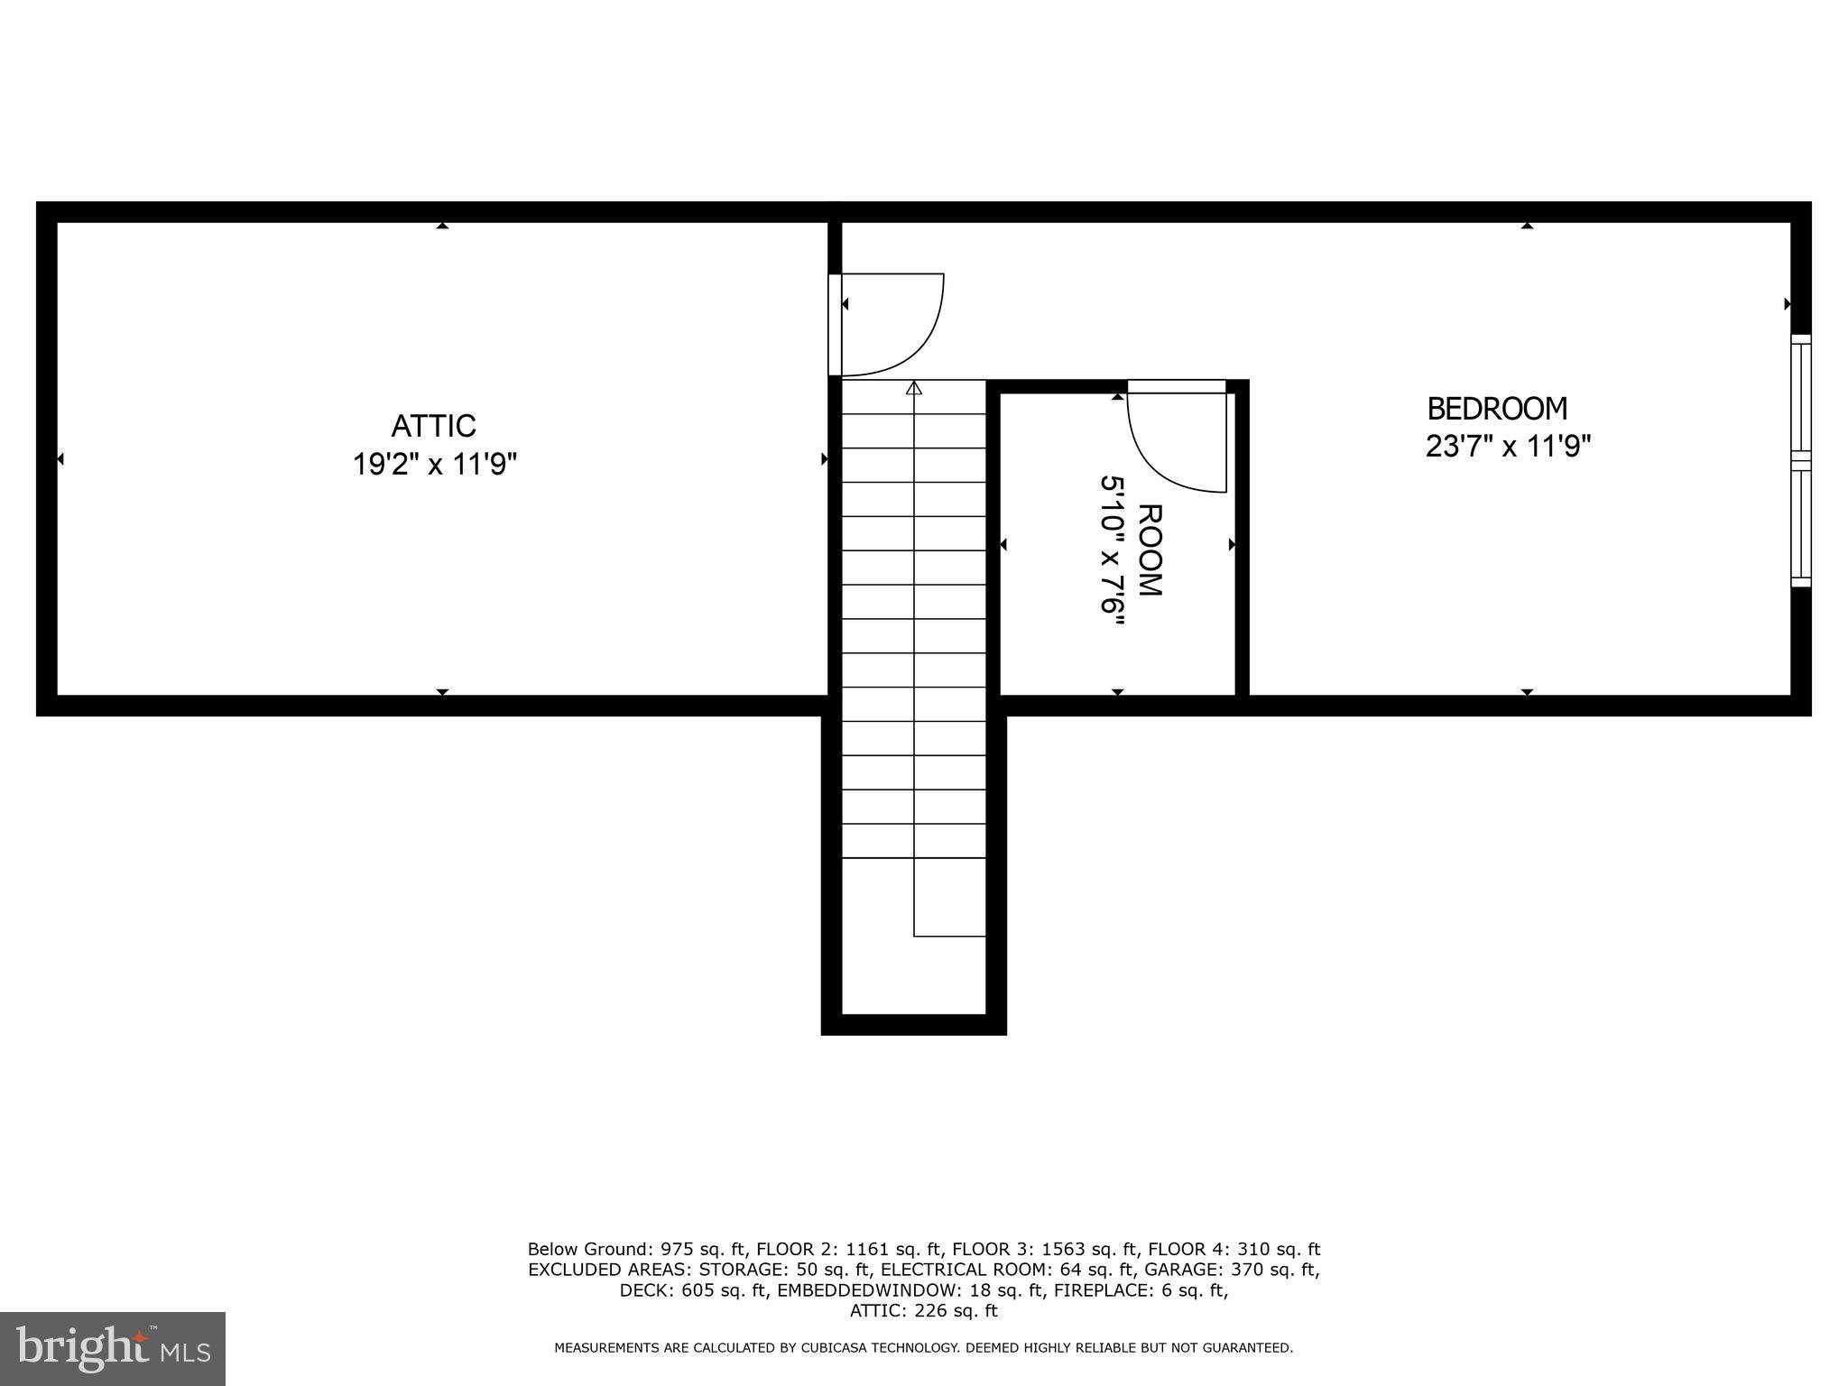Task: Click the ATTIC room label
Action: (x=433, y=425)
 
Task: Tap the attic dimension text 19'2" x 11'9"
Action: (x=434, y=465)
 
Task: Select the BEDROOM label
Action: (x=1497, y=409)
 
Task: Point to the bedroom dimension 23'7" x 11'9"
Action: (x=1507, y=447)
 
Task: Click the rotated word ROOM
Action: (x=1149, y=550)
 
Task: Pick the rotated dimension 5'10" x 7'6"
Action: (x=1113, y=544)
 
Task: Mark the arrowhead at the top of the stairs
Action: (x=914, y=388)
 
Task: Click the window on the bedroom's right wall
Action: (x=1800, y=460)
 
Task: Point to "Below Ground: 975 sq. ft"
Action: (x=638, y=1250)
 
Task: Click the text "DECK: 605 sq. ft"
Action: (x=693, y=1290)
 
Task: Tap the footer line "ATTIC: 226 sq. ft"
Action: (x=923, y=1310)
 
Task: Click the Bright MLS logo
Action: (x=113, y=1348)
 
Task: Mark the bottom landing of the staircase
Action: (x=913, y=975)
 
